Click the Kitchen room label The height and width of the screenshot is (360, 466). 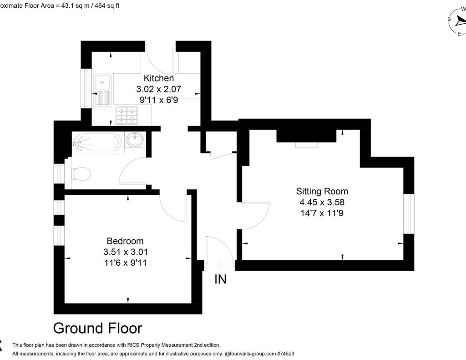[x=159, y=78]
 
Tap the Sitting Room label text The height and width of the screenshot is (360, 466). [x=322, y=191]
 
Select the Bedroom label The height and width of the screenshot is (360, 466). [x=125, y=241]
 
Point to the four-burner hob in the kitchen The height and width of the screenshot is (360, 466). [x=127, y=115]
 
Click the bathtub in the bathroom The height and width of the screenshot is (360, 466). [x=97, y=142]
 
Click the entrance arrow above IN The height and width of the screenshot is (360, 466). [x=221, y=265]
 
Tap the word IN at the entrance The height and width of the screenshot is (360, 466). [x=220, y=279]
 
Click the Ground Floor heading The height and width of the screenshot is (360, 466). [x=97, y=328]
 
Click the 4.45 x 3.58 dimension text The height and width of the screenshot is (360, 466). [x=322, y=202]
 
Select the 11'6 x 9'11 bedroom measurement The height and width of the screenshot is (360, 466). [x=125, y=263]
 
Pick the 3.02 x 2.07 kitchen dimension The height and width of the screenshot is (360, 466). [x=159, y=89]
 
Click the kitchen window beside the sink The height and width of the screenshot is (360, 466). [x=86, y=88]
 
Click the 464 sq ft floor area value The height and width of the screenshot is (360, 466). [x=105, y=6]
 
